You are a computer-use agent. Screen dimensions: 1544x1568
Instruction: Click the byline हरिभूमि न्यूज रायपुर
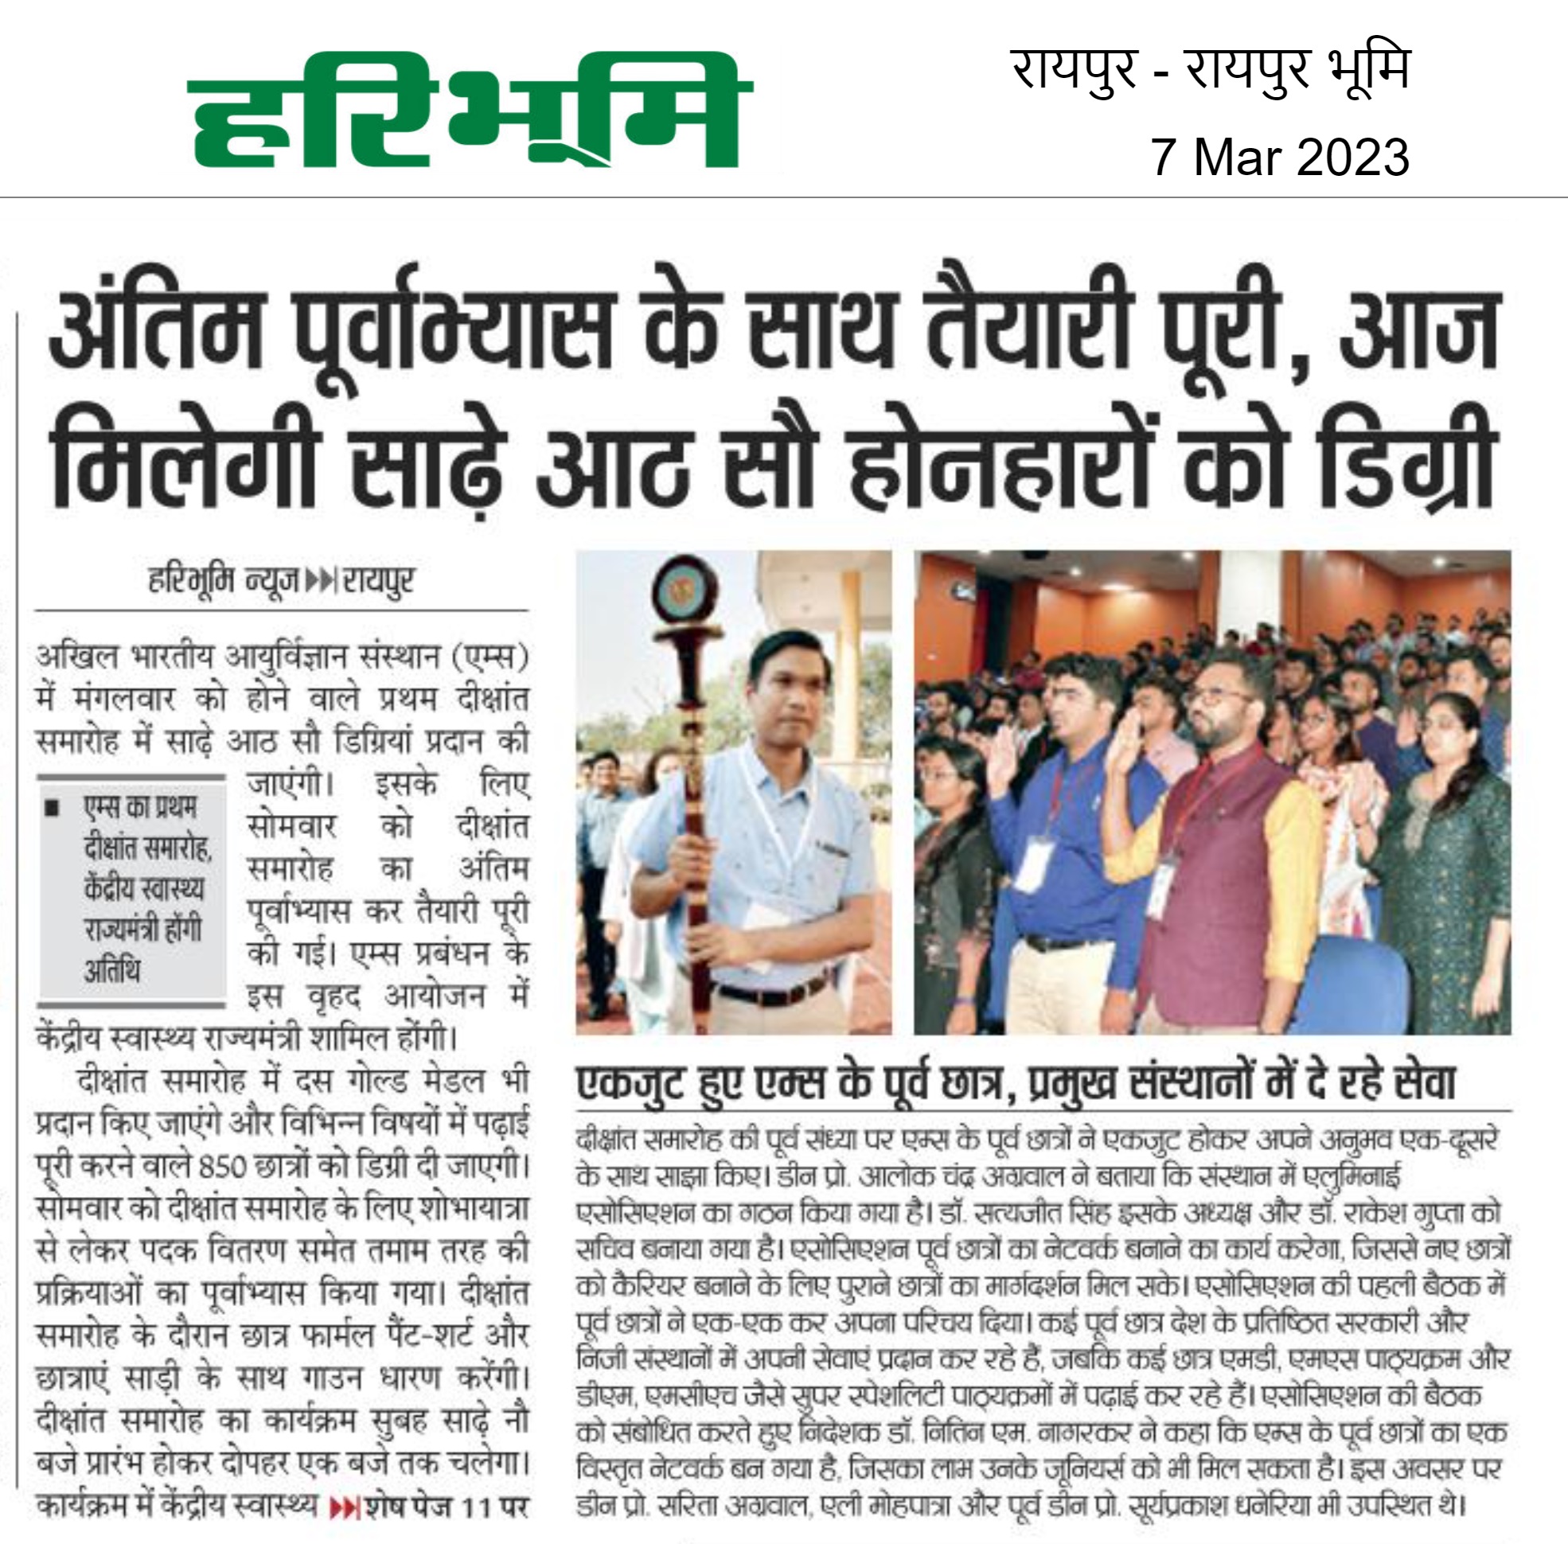(x=281, y=581)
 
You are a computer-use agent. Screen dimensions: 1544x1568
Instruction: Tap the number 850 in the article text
(x=220, y=1166)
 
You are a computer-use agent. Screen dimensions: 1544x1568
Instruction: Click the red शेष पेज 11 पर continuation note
(x=430, y=1507)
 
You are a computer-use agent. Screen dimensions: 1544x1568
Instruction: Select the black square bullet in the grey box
(x=53, y=808)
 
